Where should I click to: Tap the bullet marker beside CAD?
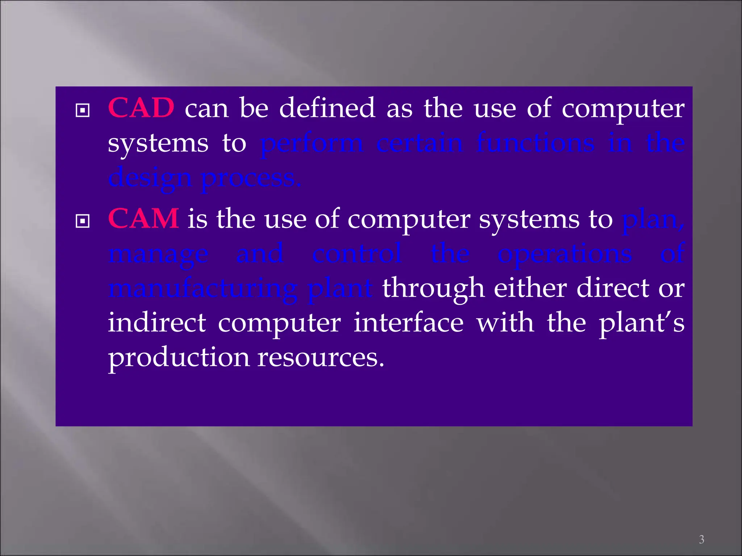[x=83, y=110]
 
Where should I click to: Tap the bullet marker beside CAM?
[x=83, y=221]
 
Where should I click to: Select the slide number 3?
[x=701, y=539]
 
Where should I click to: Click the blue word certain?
[x=420, y=143]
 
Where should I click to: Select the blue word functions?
[x=535, y=143]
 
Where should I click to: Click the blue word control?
[x=357, y=253]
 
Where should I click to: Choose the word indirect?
[x=157, y=322]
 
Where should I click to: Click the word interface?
[x=408, y=322]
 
